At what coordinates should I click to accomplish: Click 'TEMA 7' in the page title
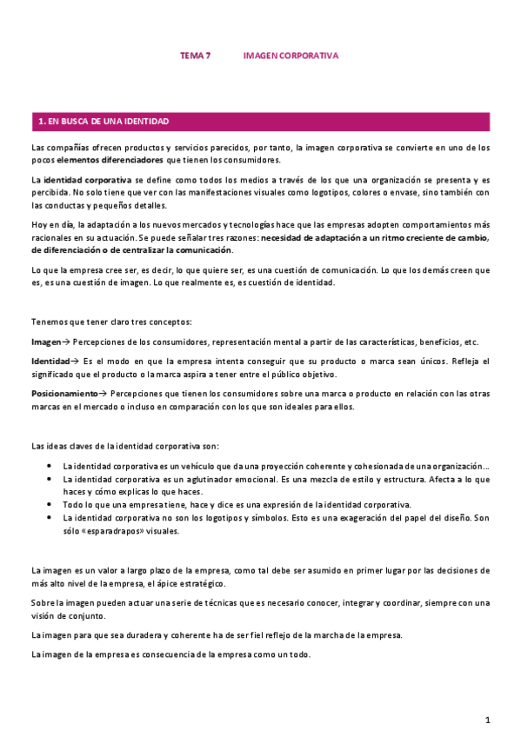(195, 56)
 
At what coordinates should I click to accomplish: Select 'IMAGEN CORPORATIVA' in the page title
(291, 56)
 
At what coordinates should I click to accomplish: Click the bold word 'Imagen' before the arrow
(46, 342)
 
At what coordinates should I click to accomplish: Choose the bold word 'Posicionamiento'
(63, 394)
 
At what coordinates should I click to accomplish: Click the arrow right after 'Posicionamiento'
(102, 394)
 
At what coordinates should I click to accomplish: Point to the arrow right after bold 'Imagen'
(67, 342)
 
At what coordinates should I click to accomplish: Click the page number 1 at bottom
(488, 720)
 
